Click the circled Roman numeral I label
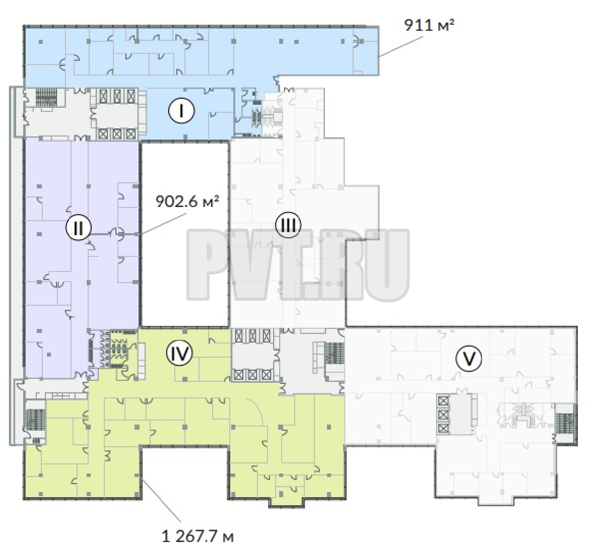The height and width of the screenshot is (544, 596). (x=182, y=111)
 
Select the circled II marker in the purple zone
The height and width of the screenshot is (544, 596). (x=79, y=229)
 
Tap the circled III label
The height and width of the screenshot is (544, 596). (x=288, y=225)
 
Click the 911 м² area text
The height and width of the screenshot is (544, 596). (x=430, y=26)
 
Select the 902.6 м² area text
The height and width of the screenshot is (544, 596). (x=188, y=201)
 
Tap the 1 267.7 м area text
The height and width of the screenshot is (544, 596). (x=197, y=536)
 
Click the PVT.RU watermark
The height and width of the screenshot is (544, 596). (x=298, y=264)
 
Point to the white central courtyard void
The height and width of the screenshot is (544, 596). (x=185, y=233)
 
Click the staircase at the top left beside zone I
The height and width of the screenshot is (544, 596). (x=46, y=97)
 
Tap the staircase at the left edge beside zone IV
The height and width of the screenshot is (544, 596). (x=35, y=419)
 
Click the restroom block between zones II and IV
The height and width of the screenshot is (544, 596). (x=113, y=349)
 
